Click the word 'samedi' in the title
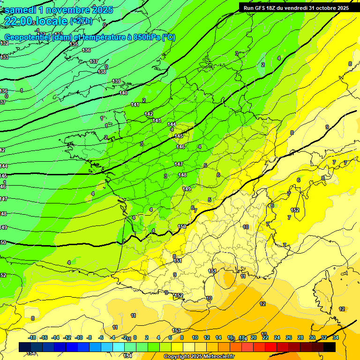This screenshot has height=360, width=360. [x=22, y=10]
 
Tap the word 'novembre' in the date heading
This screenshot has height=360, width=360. [x=70, y=10]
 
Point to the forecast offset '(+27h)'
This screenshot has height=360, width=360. [x=81, y=21]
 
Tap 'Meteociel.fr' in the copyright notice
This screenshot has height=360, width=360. [x=217, y=357]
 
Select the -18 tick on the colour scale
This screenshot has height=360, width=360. [x=32, y=337]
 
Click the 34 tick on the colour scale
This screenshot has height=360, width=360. [x=336, y=337]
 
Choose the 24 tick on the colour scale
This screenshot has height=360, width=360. [x=277, y=337]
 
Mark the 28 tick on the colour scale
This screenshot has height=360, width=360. [x=300, y=337]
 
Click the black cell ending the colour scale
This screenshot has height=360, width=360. [x=330, y=347]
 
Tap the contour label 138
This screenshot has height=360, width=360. [x=102, y=72]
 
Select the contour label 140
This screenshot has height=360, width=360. [x=123, y=93]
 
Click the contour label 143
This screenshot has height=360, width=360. [x=157, y=121]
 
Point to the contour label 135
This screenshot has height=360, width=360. [x=74, y=44]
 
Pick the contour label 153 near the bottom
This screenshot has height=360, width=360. [x=176, y=330]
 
